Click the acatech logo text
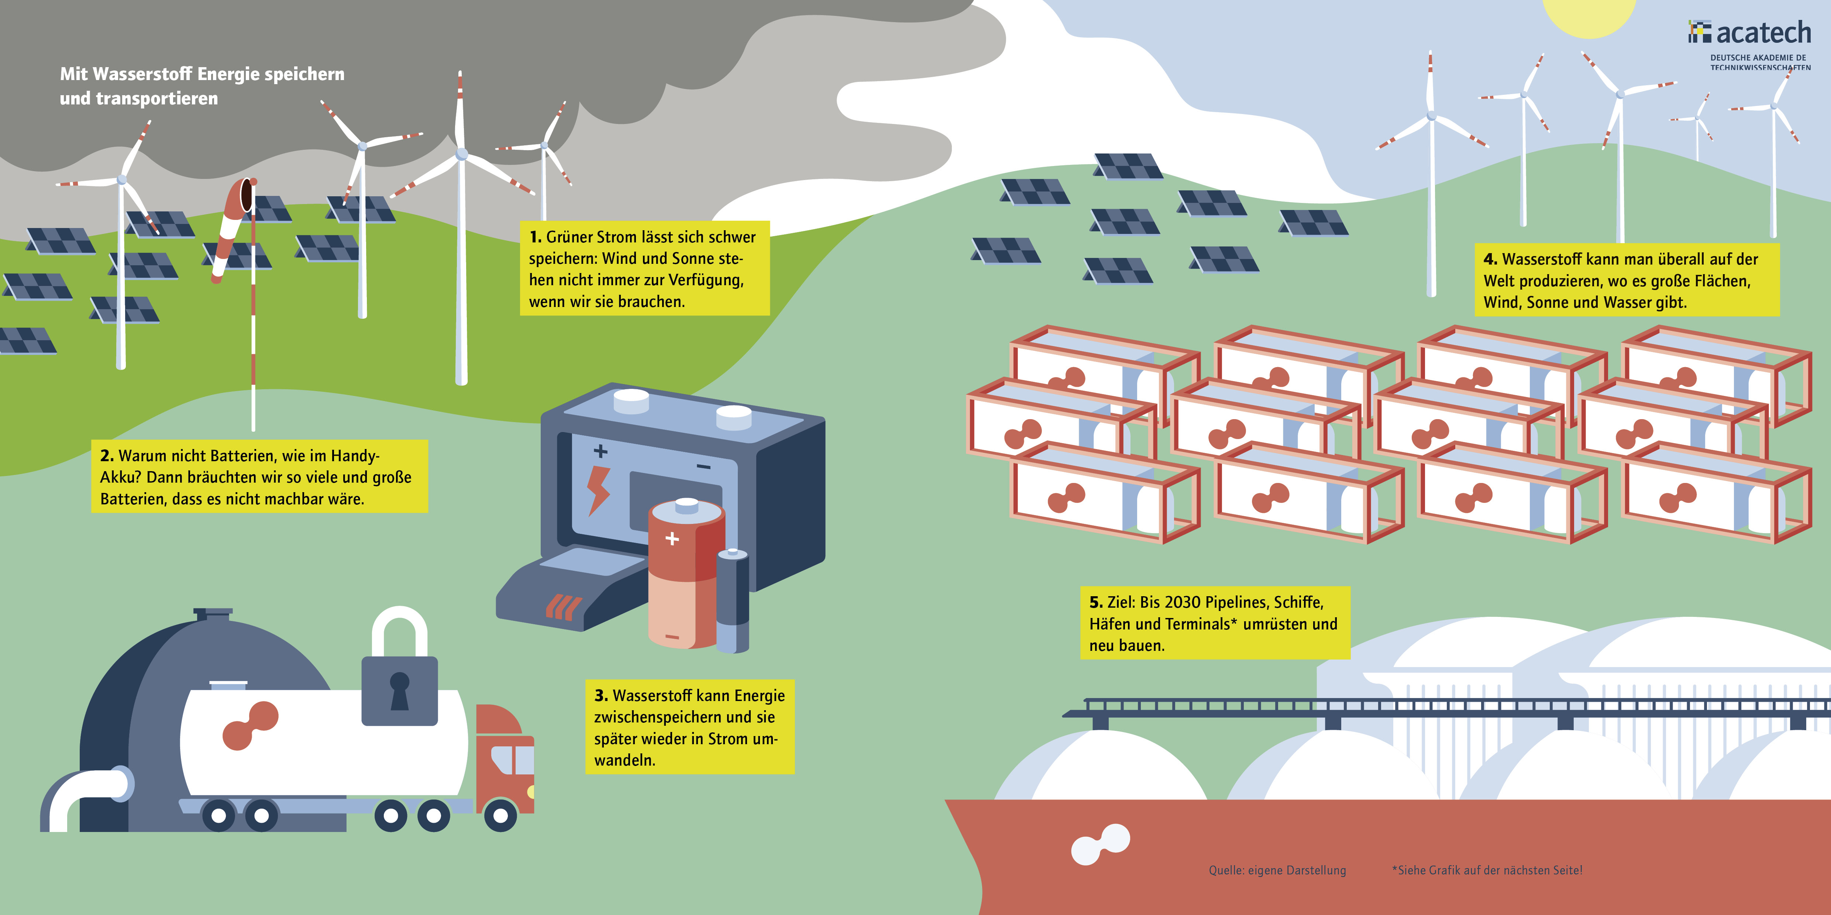(1763, 33)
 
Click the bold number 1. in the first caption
(535, 237)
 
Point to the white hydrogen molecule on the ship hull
(1099, 844)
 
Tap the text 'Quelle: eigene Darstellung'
(1277, 870)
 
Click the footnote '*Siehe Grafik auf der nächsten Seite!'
(1487, 870)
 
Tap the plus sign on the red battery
(672, 539)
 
